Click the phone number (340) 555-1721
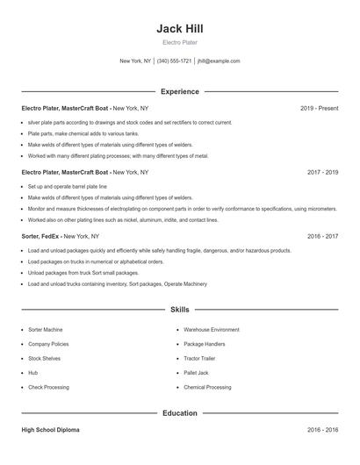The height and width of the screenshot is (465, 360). [174, 61]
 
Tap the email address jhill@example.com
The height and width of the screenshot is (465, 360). [219, 61]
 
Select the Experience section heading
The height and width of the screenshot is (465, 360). [179, 91]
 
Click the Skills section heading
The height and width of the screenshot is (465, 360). [179, 310]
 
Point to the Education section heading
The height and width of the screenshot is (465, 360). [179, 412]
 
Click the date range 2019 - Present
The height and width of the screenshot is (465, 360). [319, 108]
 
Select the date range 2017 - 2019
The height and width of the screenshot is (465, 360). [322, 173]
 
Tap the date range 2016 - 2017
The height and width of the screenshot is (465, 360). [322, 236]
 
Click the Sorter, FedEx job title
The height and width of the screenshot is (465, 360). [42, 236]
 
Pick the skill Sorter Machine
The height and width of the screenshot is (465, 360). [46, 329]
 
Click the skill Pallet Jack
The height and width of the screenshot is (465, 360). [197, 372]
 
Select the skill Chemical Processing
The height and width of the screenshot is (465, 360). [207, 386]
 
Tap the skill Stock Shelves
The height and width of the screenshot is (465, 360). [45, 358]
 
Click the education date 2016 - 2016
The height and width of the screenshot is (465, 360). [322, 431]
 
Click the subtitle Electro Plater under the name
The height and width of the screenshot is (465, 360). [179, 42]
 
